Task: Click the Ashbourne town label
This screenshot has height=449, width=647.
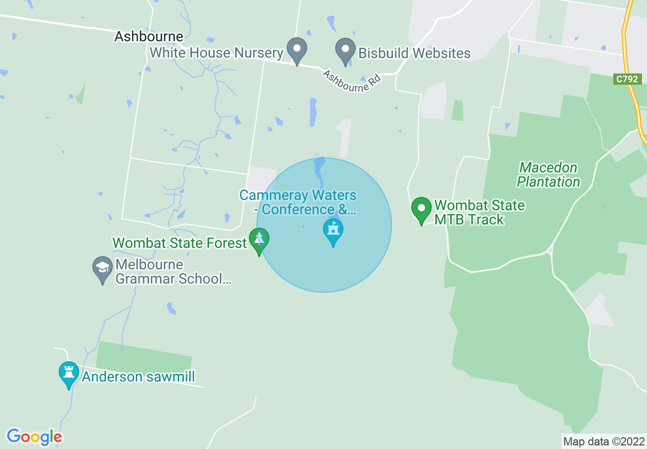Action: point(148,37)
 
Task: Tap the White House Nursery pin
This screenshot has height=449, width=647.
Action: point(296,50)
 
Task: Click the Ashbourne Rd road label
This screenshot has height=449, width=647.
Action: point(352,81)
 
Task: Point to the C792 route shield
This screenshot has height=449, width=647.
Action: point(627,79)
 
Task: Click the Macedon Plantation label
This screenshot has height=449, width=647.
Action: point(549,174)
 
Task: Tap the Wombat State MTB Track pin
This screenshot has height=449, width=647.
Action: point(421,209)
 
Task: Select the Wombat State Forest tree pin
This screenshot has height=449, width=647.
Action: point(259,240)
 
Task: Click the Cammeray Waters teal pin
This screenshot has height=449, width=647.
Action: point(333,231)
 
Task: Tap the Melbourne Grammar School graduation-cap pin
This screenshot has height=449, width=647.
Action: point(103,268)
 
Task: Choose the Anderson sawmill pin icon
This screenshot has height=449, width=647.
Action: point(69,373)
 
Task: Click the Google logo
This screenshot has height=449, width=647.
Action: point(34,437)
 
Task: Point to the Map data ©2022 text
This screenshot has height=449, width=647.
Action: point(603,441)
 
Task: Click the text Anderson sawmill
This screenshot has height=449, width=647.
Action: point(138,377)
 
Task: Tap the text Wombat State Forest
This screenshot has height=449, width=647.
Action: point(180,243)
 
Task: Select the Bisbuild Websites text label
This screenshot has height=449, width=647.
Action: point(414,53)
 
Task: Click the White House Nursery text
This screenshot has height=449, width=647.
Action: point(217,53)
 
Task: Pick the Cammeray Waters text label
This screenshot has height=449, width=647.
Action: point(298,203)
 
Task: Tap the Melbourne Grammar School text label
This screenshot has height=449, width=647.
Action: point(173,271)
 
